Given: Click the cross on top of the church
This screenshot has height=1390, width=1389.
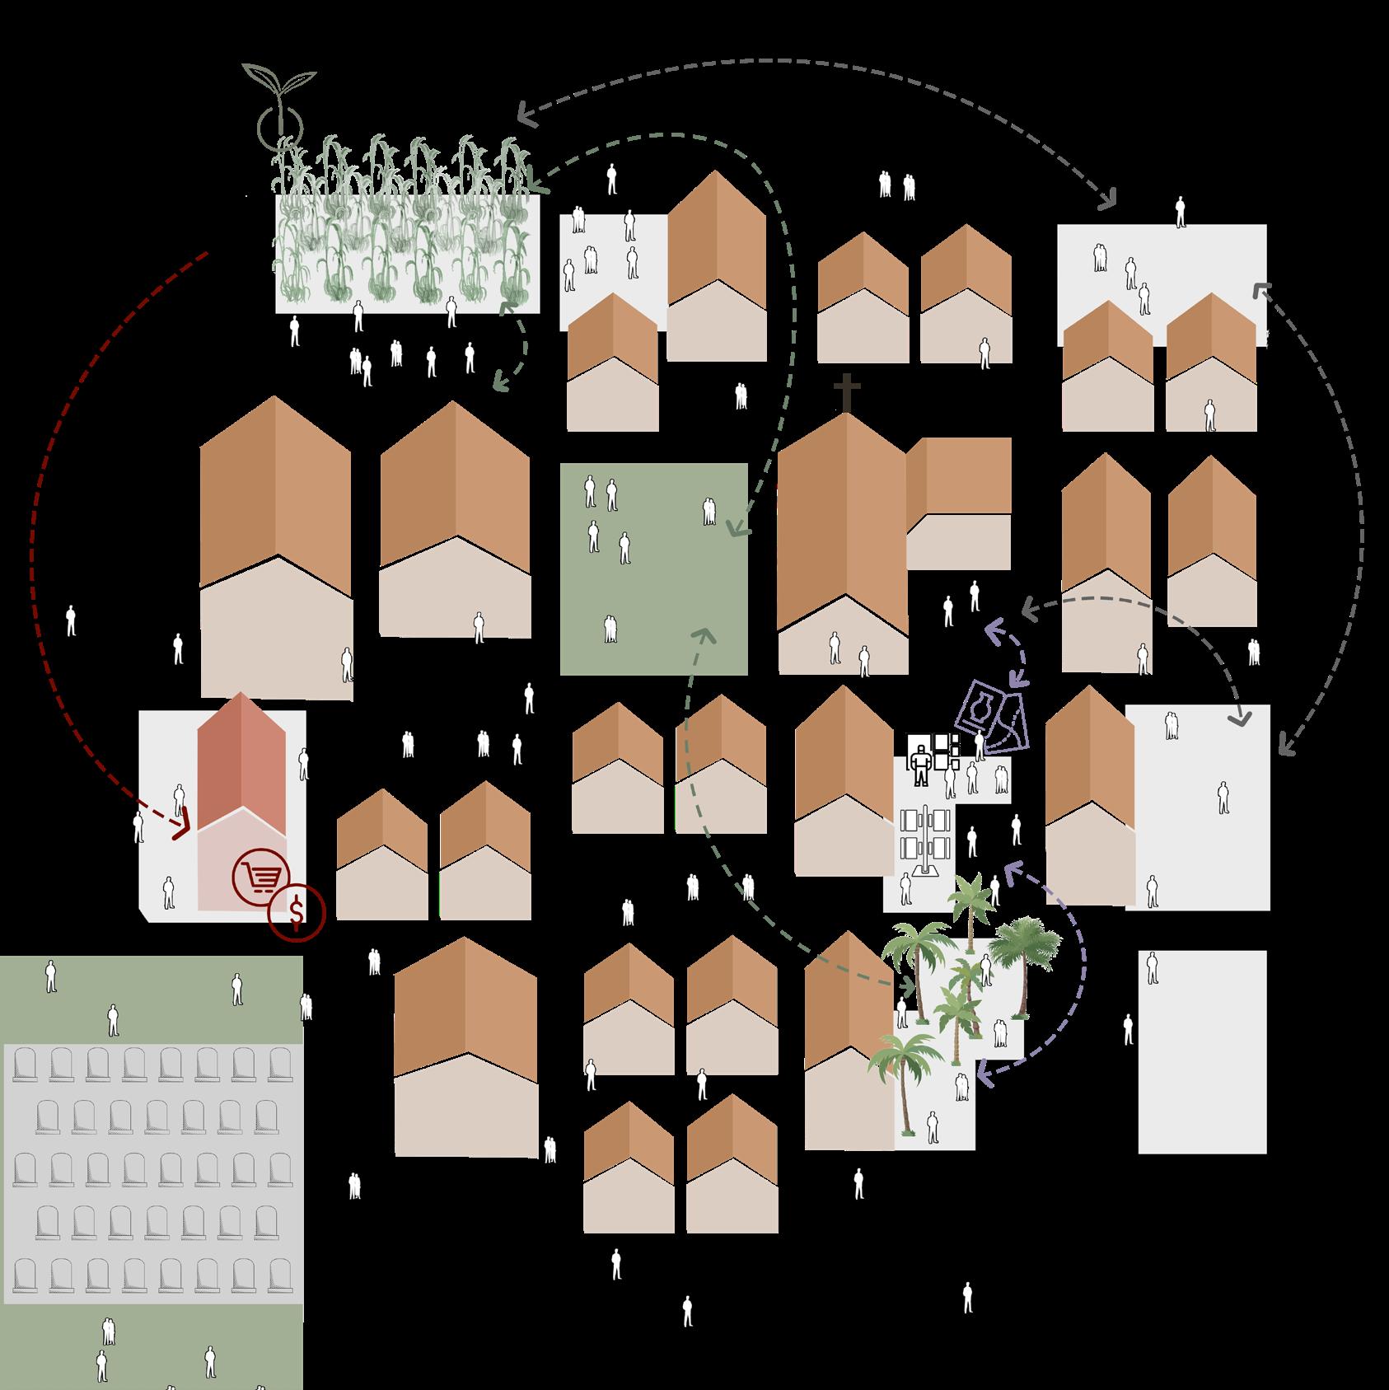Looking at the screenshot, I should pyautogui.click(x=845, y=392).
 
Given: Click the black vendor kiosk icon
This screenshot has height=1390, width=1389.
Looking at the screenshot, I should pyautogui.click(x=920, y=761).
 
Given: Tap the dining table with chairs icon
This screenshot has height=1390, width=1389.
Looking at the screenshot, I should pyautogui.click(x=926, y=841).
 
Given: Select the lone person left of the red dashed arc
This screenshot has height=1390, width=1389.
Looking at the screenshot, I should pyautogui.click(x=71, y=620).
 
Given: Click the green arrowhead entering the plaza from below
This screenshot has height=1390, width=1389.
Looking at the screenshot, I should pyautogui.click(x=704, y=635).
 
